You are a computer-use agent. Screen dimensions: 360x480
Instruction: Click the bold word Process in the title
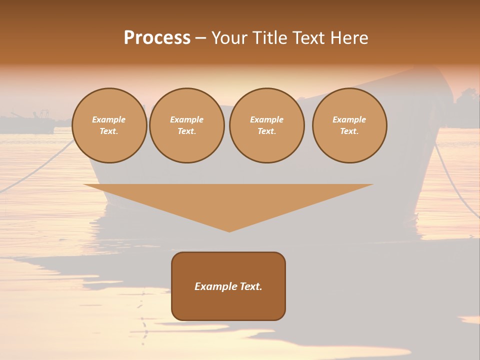click(157, 38)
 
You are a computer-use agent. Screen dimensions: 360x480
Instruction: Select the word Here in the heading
click(348, 38)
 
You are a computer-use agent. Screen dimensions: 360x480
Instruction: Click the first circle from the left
click(109, 125)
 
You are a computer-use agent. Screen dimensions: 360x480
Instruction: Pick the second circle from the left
click(187, 125)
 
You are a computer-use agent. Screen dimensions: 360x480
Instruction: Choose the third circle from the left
click(266, 125)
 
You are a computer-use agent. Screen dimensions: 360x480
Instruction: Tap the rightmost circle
click(349, 125)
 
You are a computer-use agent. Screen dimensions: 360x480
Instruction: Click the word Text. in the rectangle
click(251, 286)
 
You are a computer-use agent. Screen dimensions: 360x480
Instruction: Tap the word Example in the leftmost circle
click(109, 119)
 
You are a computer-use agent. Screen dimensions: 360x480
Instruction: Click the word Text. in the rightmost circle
click(349, 131)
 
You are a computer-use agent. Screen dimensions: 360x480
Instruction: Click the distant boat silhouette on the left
click(30, 122)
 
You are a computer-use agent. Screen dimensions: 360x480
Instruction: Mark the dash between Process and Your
click(201, 38)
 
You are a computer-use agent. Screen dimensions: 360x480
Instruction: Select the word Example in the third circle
click(266, 119)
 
